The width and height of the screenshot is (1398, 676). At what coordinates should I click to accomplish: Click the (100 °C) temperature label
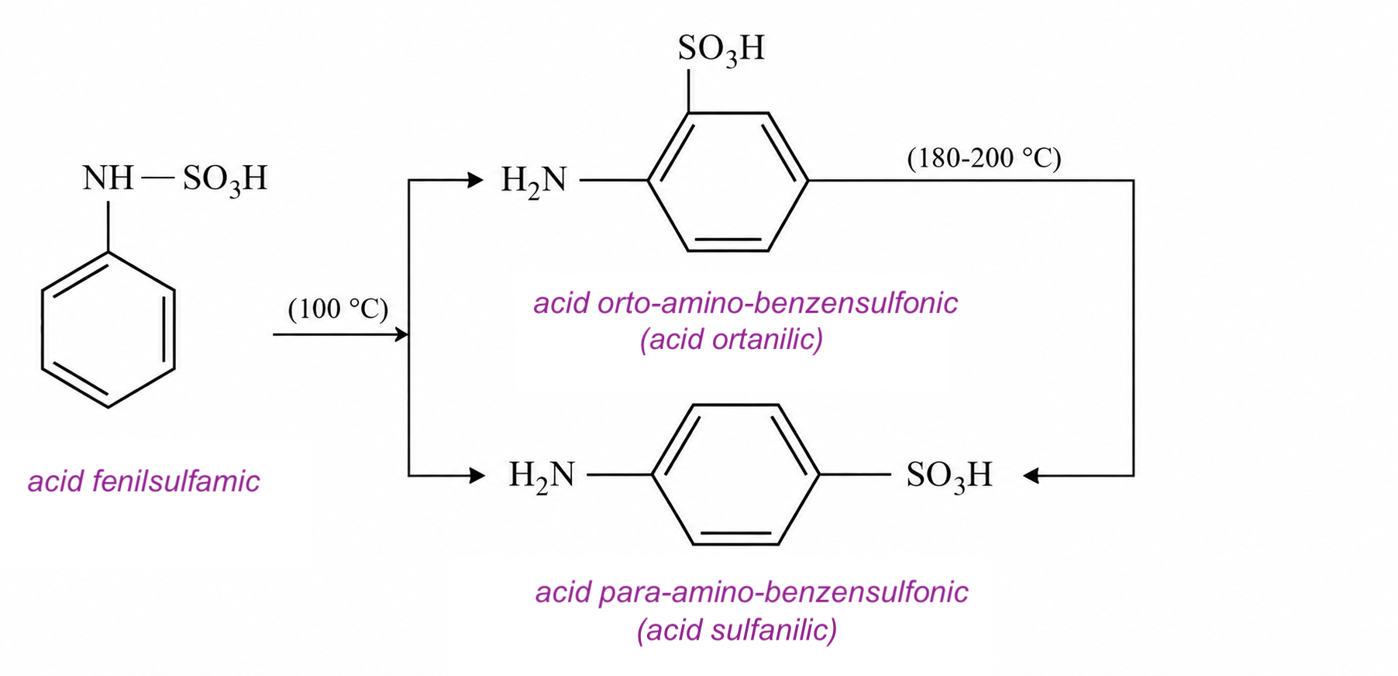tap(338, 309)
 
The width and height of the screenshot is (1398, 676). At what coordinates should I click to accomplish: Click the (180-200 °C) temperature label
tap(983, 158)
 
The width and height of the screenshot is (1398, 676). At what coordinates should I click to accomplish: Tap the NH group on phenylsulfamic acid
tap(108, 178)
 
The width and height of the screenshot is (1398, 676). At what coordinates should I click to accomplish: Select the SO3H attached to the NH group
tap(225, 180)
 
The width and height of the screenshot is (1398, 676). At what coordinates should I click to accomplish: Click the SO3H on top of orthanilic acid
tap(721, 50)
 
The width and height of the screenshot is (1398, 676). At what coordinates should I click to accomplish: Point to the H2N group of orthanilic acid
tap(534, 181)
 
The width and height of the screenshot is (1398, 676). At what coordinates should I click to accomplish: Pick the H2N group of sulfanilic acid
tap(542, 476)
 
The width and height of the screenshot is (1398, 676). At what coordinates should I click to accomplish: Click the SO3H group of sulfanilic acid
tap(949, 476)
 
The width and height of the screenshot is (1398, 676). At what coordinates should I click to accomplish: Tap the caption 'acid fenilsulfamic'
tap(144, 481)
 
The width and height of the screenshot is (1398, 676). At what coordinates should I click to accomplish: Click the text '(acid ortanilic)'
tap(732, 340)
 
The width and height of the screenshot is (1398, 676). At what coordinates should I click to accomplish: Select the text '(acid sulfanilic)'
tap(737, 629)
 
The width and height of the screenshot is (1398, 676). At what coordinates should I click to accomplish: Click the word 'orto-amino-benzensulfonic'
tap(778, 302)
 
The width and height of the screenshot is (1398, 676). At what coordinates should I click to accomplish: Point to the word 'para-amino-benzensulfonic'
tap(780, 592)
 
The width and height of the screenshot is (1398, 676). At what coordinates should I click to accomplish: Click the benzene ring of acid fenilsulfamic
tap(42, 329)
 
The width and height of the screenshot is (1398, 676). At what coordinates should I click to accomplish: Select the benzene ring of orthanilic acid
tap(649, 181)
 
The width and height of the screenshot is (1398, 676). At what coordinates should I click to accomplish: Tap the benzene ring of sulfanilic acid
tap(653, 474)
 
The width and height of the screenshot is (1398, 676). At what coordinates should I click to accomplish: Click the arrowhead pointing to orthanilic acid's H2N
tap(476, 181)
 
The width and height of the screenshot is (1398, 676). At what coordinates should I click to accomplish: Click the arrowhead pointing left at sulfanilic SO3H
tap(1031, 475)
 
